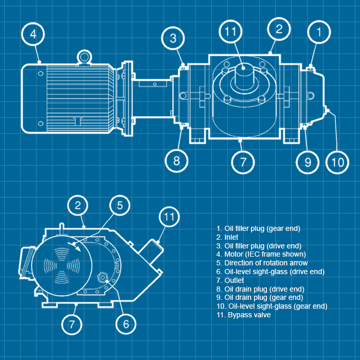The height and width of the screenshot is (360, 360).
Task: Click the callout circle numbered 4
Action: click(x=33, y=34)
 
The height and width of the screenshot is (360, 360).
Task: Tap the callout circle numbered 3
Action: click(x=173, y=38)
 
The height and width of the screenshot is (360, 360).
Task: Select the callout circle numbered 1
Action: click(x=319, y=32)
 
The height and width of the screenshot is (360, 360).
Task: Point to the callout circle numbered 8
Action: click(x=176, y=161)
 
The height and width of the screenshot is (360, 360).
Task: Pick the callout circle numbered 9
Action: click(x=308, y=162)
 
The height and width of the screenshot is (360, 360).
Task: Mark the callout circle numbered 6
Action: click(x=126, y=324)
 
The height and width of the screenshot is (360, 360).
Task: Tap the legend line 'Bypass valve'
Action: click(x=249, y=315)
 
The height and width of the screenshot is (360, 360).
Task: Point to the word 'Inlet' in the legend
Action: click(x=231, y=237)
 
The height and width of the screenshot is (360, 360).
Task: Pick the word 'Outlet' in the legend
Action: click(x=234, y=280)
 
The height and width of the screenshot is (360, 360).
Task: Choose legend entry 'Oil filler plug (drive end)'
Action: click(x=262, y=245)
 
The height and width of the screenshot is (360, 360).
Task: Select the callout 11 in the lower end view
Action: click(x=169, y=217)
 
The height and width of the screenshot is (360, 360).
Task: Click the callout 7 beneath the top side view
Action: click(x=243, y=161)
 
